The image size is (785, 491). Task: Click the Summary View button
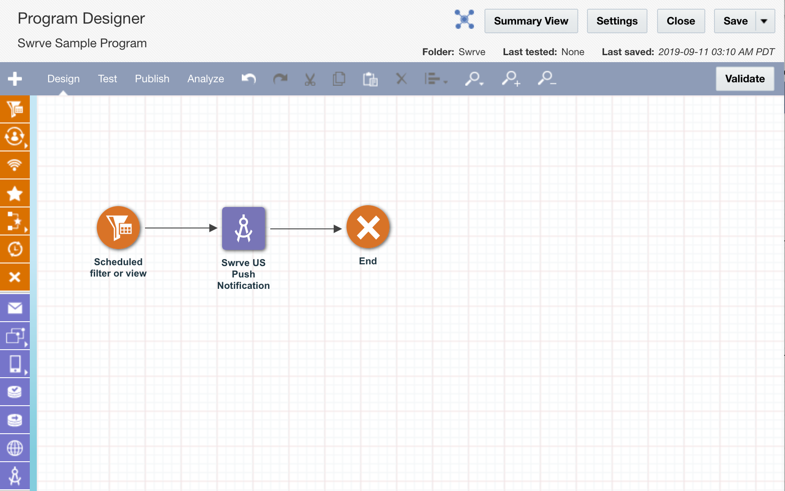tap(531, 21)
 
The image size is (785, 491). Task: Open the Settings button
tap(617, 21)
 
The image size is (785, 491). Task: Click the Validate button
tap(745, 79)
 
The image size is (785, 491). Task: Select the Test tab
tap(107, 79)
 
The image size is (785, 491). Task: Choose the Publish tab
tap(152, 79)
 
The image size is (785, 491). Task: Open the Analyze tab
tap(205, 79)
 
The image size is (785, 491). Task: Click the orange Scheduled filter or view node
tap(118, 228)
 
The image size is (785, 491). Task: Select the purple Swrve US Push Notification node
tap(244, 228)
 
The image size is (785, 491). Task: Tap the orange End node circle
tap(368, 227)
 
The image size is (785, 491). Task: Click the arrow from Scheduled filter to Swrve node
tap(181, 228)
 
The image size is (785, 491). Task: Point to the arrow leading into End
tap(306, 229)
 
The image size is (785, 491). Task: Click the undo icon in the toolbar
tap(249, 79)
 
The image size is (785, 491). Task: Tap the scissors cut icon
tap(310, 79)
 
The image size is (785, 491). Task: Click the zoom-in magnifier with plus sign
tap(511, 79)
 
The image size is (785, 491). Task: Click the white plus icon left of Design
tap(15, 79)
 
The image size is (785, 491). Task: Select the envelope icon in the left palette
tap(15, 308)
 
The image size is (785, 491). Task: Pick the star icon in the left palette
tap(15, 193)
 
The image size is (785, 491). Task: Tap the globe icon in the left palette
tap(15, 448)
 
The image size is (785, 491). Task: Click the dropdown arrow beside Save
tap(764, 21)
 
